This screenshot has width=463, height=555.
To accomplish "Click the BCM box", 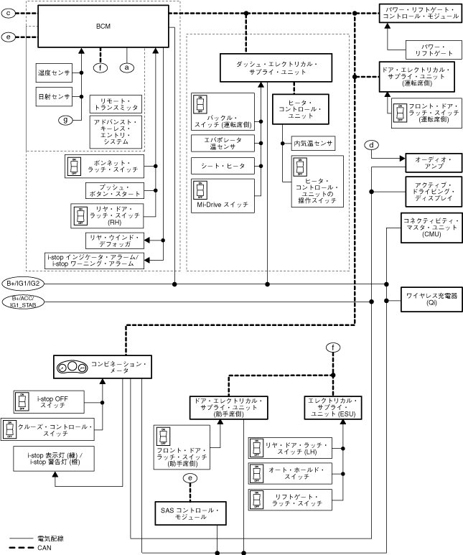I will point(103,26).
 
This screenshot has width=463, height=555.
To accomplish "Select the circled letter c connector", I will point(10,13).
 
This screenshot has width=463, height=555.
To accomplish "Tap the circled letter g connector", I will point(67,120).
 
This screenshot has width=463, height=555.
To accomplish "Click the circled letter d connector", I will point(371,145).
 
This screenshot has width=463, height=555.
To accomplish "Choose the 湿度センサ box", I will point(52,72).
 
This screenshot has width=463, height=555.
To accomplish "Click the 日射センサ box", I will point(52,95).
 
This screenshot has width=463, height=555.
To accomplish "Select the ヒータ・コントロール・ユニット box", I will point(300,109).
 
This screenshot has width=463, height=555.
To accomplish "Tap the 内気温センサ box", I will point(313,144).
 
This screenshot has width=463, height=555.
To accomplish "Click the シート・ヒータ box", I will point(223,166).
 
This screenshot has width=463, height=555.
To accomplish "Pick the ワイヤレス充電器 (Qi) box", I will point(431,299).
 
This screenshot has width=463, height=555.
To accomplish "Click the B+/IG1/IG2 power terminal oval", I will point(24,284).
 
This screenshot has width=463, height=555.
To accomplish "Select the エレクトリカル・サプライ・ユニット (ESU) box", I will point(342,406).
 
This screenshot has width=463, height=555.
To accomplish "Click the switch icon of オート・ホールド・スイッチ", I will point(256,473).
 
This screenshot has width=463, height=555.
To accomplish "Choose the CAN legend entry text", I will point(45,548).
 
